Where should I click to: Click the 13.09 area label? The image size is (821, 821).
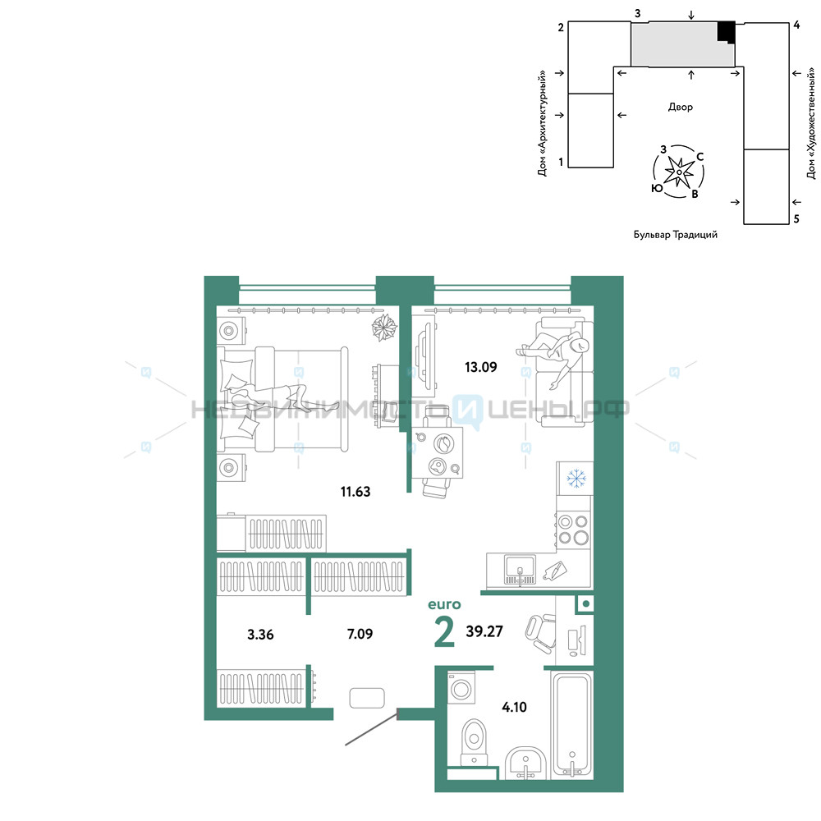[x=480, y=367]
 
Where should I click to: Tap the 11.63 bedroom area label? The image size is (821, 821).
[x=355, y=492]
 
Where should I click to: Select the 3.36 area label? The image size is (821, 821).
[x=260, y=635]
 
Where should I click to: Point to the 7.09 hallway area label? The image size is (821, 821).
[x=360, y=634]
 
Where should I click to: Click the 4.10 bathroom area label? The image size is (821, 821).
[x=514, y=708]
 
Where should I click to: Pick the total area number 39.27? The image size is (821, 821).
[x=484, y=631]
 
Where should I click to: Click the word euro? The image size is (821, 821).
[x=444, y=605]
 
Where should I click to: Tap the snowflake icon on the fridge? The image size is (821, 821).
[x=576, y=478]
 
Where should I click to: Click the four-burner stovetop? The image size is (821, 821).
[x=573, y=530]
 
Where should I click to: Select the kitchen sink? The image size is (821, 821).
[x=520, y=570]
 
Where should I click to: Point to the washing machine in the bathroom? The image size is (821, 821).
[x=461, y=687]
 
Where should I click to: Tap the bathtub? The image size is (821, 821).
[x=572, y=725]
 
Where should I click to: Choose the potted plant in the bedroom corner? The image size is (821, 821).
[x=384, y=328]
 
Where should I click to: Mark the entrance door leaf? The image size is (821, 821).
[x=371, y=727]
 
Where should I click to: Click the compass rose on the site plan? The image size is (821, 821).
[x=679, y=172]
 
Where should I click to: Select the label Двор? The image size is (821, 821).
[x=680, y=107]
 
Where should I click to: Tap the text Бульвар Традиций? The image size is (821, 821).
[x=676, y=235]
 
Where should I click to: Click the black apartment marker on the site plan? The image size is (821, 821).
[x=727, y=33]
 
